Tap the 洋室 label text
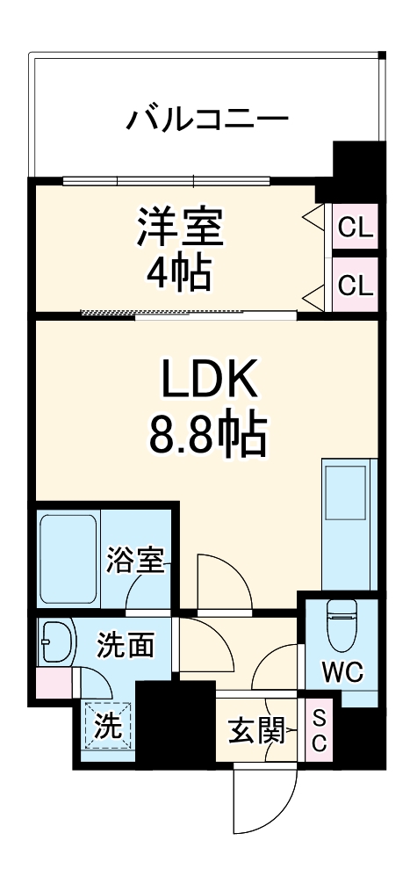[180, 226]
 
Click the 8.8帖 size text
[207, 432]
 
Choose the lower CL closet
[356, 285]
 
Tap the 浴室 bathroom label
[135, 560]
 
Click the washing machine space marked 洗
[107, 728]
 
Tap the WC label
[342, 672]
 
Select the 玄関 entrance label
[256, 729]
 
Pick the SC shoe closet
[319, 728]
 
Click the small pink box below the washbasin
[54, 684]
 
